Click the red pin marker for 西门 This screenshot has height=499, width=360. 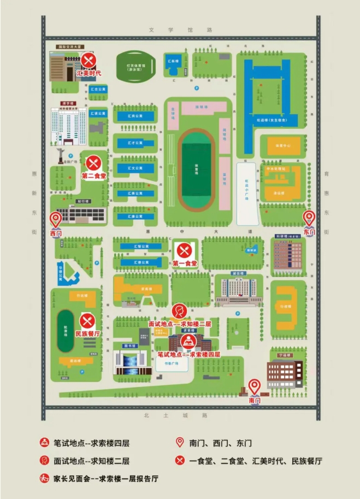(55, 220)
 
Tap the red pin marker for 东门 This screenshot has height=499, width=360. (309, 218)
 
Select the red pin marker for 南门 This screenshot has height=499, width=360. (254, 386)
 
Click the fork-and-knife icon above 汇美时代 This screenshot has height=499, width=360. (90, 60)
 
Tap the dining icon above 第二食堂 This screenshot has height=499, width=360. (93, 163)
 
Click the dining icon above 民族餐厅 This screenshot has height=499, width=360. (87, 321)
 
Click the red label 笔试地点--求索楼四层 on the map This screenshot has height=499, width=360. (189, 354)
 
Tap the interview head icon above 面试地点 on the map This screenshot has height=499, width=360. (178, 312)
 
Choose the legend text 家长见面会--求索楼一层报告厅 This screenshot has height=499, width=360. (104, 478)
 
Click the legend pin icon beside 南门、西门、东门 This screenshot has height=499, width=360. (179, 443)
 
